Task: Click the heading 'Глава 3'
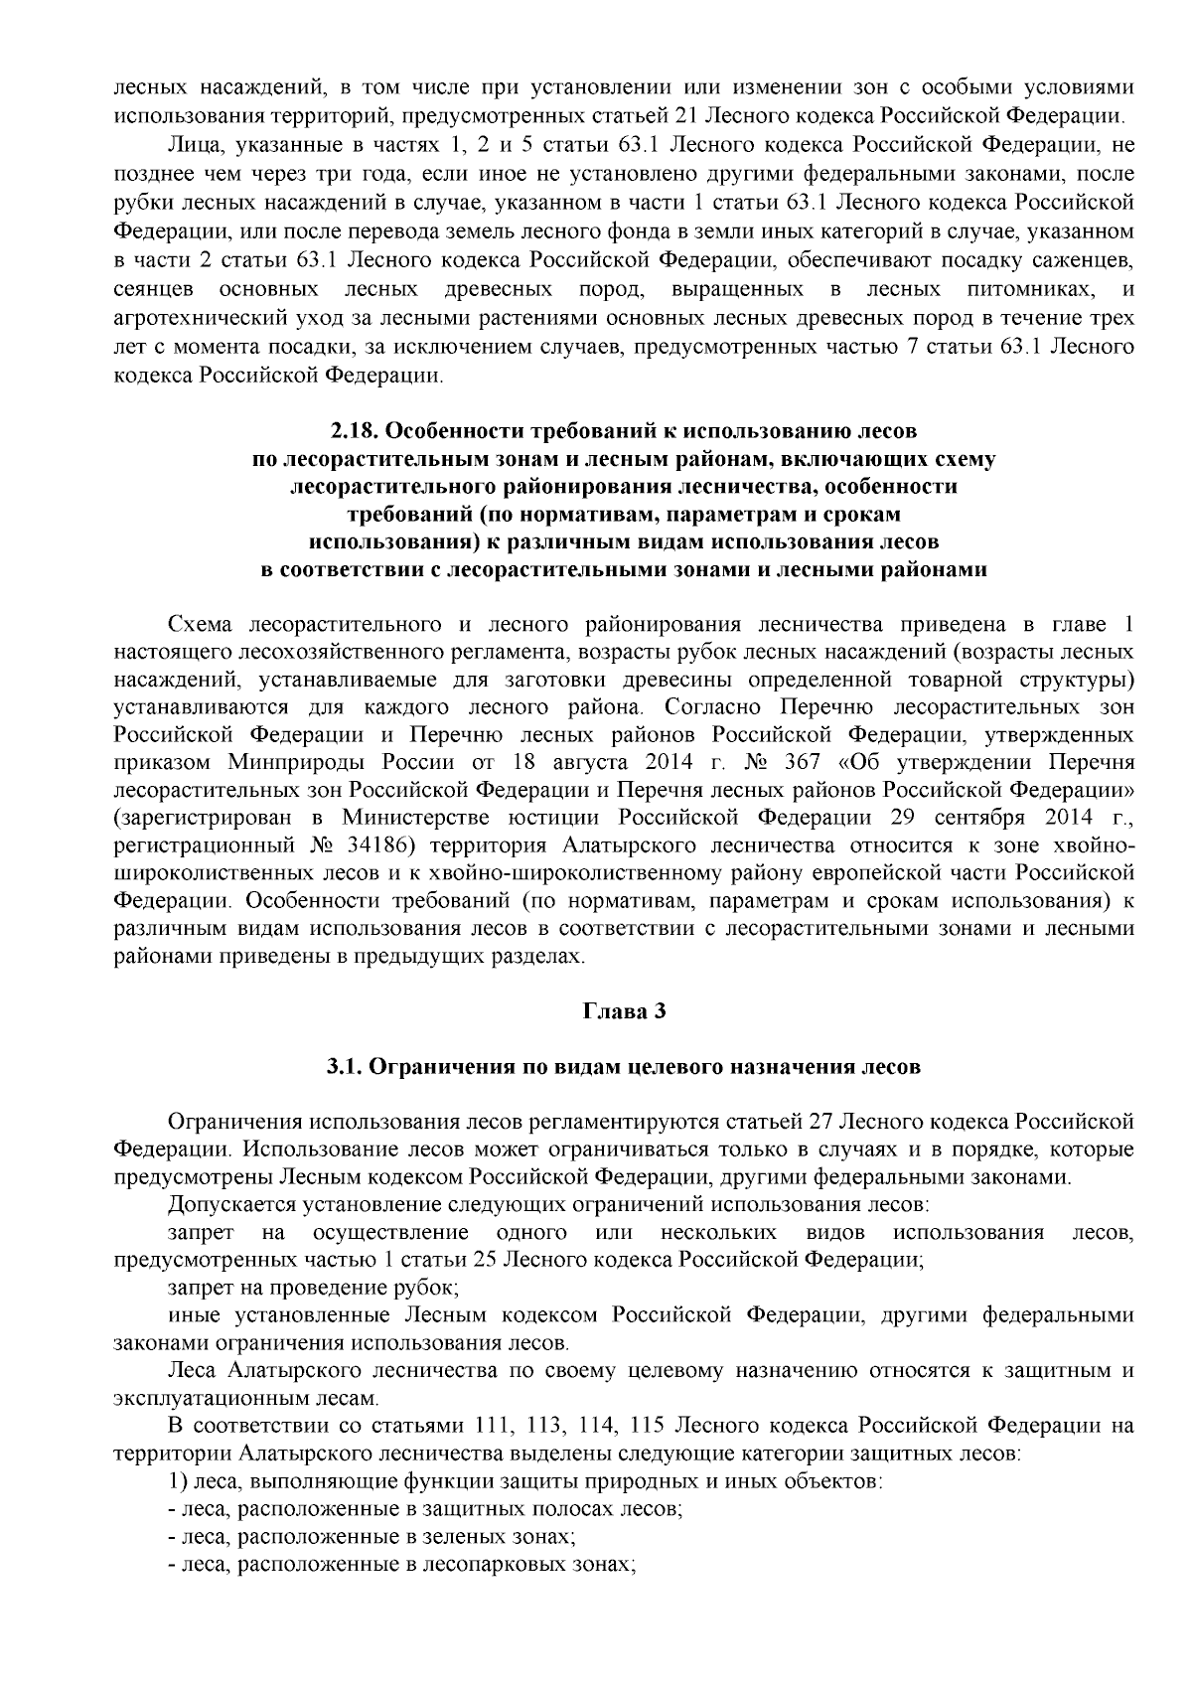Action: tap(623, 1011)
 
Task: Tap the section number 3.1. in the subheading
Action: tap(347, 1067)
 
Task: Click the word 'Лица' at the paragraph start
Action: tap(193, 145)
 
